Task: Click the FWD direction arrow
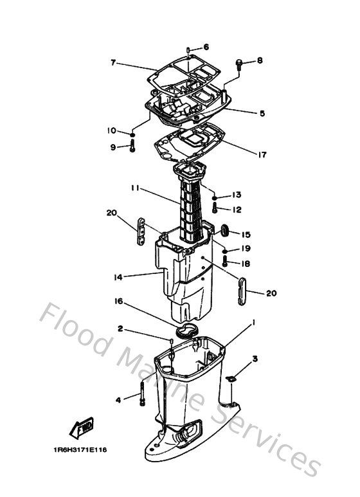click(x=82, y=428)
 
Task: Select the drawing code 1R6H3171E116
click(x=80, y=449)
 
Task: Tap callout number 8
click(x=260, y=60)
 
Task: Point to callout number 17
click(x=262, y=155)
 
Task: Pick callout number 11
click(x=135, y=188)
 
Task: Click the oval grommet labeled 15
click(x=224, y=230)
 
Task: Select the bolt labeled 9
click(x=132, y=147)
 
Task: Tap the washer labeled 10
click(x=132, y=134)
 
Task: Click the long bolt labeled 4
click(x=142, y=393)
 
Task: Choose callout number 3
click(x=255, y=359)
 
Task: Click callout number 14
click(x=118, y=277)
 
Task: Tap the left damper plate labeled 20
click(x=141, y=231)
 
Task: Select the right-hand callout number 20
click(x=271, y=293)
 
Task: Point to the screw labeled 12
click(x=215, y=208)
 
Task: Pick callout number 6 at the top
click(x=206, y=47)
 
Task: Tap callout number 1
click(x=253, y=322)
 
